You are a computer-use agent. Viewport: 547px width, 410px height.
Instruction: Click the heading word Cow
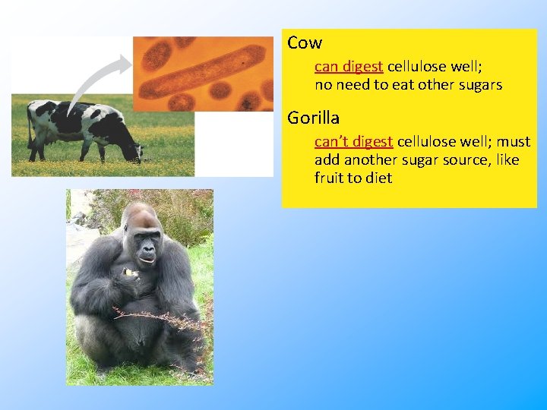click(x=305, y=43)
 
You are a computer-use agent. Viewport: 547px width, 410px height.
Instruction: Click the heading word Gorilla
click(x=313, y=118)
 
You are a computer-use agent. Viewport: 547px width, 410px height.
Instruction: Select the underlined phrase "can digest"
click(x=349, y=66)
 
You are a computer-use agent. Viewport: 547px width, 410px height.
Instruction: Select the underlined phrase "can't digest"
click(x=353, y=142)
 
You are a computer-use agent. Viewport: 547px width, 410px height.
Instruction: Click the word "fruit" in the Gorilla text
click(x=330, y=178)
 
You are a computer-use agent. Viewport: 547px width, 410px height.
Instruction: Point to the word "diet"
click(x=378, y=178)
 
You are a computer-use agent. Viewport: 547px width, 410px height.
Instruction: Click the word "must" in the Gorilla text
click(x=514, y=142)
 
